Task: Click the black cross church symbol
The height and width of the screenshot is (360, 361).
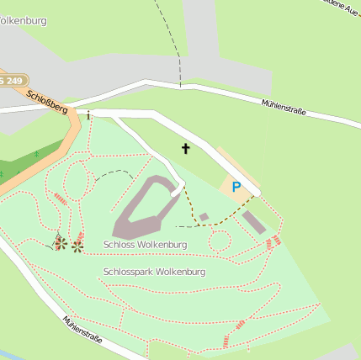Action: [186, 149]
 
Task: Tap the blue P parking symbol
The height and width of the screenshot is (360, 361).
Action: [236, 187]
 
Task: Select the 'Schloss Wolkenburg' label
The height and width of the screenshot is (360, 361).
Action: [146, 245]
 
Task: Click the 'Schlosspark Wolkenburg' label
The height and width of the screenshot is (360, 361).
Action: [154, 273]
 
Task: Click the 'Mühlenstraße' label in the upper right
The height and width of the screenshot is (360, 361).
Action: [284, 107]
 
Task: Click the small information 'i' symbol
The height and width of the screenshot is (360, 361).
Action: [88, 115]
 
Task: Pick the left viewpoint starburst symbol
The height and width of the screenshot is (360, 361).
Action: [61, 243]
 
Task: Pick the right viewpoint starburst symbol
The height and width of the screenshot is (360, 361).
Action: [77, 246]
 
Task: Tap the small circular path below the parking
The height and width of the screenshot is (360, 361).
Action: [220, 241]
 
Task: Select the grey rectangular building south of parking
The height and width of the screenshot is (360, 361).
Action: [253, 222]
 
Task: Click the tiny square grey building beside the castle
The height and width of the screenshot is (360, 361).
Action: [204, 217]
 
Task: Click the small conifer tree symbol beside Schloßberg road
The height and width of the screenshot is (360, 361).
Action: [37, 154]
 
